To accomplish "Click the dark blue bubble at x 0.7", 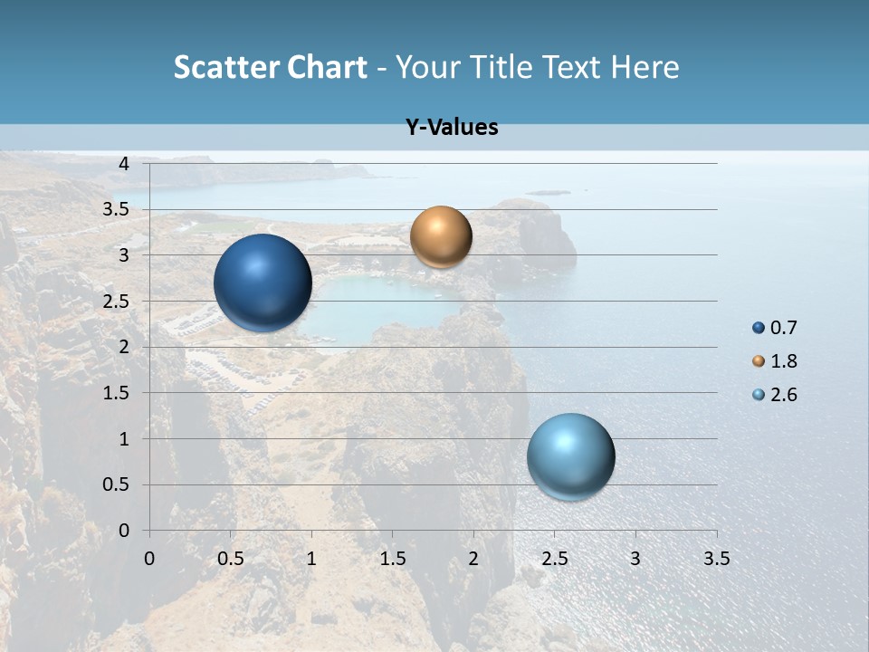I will (263, 283).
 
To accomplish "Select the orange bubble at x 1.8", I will (441, 236).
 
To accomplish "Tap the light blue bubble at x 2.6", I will (570, 456).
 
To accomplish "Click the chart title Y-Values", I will (451, 128).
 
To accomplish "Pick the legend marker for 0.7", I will (759, 328).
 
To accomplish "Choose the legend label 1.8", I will (784, 361).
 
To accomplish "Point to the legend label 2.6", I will (784, 395).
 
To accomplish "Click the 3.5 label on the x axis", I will (716, 559).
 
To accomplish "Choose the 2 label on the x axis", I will (473, 559).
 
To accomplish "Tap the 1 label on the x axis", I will (311, 559).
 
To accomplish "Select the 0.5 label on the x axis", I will (231, 559).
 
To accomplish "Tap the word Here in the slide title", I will (645, 67).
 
